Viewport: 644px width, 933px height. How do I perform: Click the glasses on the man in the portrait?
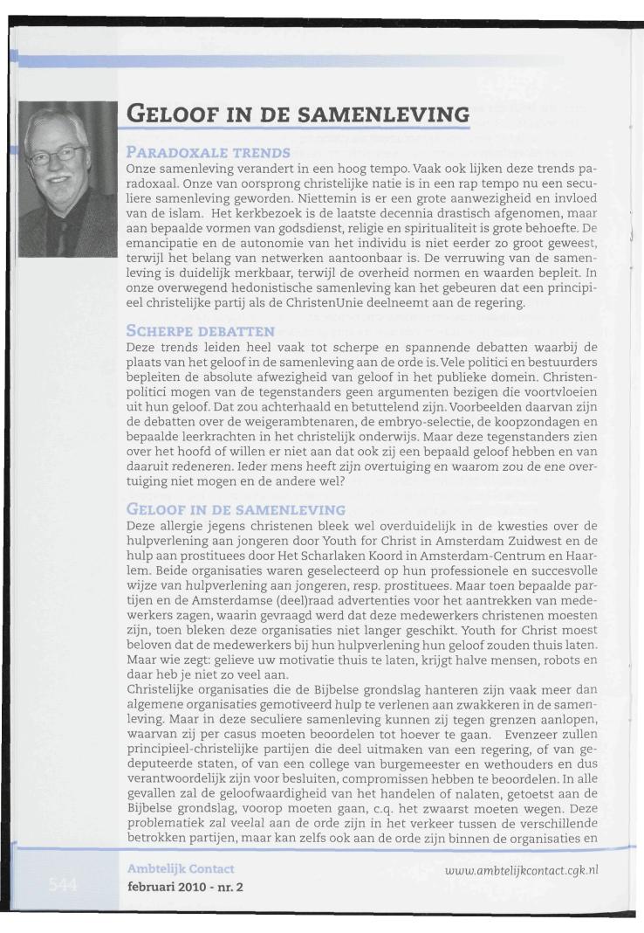[64, 155]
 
